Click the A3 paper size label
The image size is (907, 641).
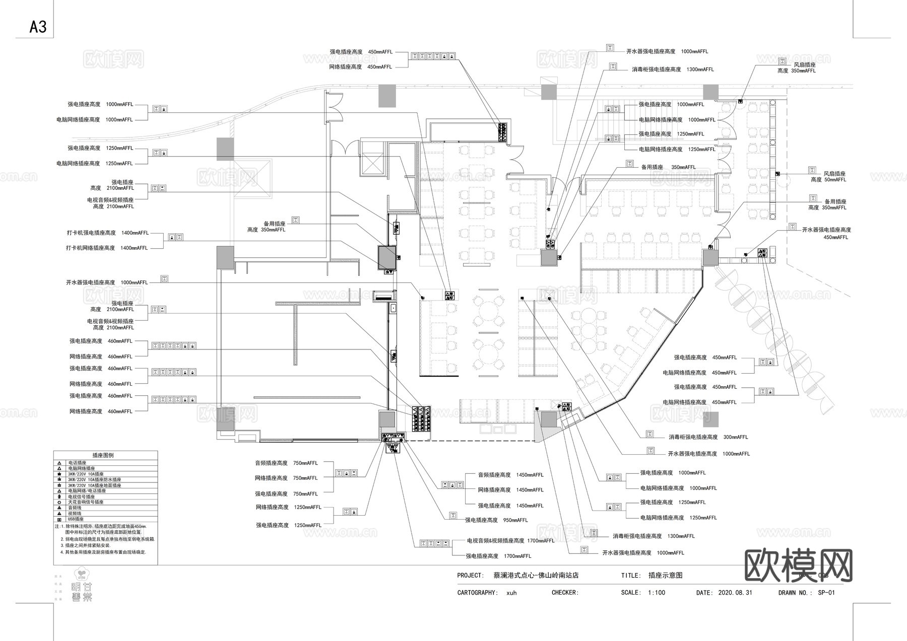click(x=38, y=27)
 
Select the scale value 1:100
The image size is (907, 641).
click(x=657, y=593)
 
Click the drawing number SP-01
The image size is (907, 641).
click(x=826, y=593)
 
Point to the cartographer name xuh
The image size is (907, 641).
click(x=511, y=593)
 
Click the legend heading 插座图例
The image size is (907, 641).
click(x=103, y=455)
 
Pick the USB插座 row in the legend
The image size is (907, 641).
click(x=76, y=519)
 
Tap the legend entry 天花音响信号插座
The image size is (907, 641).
click(x=86, y=502)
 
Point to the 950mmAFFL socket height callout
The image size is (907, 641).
click(x=496, y=520)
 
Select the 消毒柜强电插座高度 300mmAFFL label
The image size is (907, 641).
click(x=708, y=437)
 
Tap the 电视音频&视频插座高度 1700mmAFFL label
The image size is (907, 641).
click(x=510, y=541)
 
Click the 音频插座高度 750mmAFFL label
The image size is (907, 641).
click(x=286, y=463)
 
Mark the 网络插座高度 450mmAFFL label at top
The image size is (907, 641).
click(x=360, y=67)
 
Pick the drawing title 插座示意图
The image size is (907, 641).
click(x=665, y=575)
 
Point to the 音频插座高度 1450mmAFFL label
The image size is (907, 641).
click(x=510, y=475)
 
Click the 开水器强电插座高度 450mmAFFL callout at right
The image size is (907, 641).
click(x=826, y=233)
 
